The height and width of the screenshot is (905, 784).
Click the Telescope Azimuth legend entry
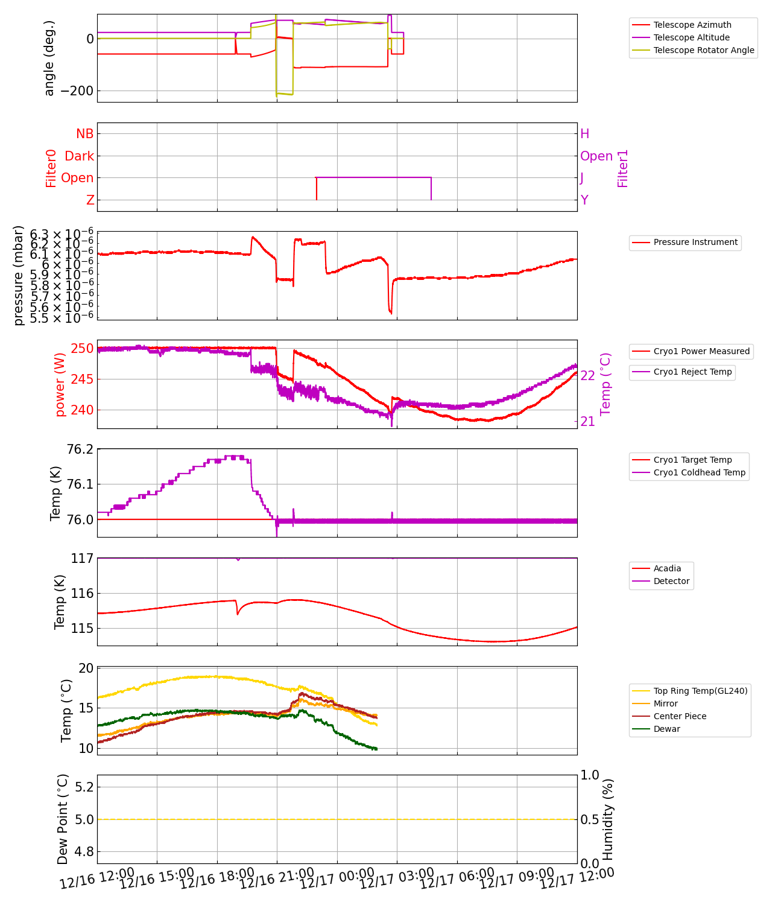click(x=692, y=25)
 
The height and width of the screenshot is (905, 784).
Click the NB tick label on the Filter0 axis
click(x=85, y=134)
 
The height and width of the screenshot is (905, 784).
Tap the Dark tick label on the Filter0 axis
click(x=80, y=156)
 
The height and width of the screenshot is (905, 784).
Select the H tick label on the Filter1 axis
click(x=584, y=134)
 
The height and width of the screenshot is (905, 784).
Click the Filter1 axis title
click(x=623, y=168)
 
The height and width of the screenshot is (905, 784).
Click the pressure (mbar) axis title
click(x=19, y=275)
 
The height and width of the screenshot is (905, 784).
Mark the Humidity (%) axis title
click(x=608, y=819)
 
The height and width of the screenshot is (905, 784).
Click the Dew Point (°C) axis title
click(x=63, y=819)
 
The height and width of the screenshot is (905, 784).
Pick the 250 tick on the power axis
click(x=83, y=349)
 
